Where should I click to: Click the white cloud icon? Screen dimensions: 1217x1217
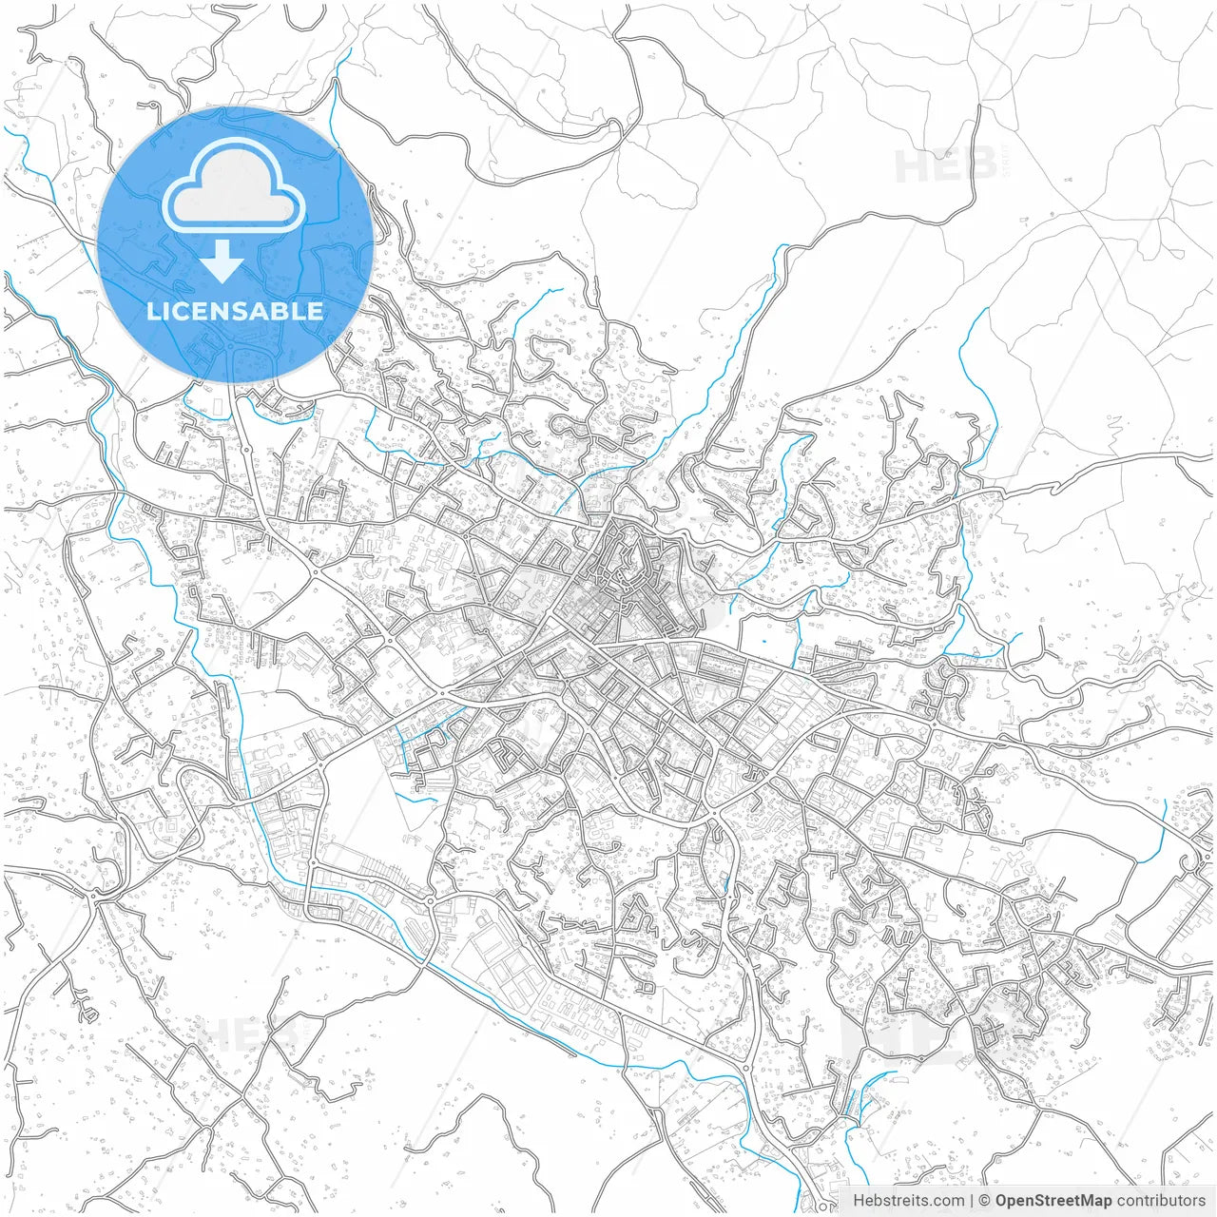click(233, 186)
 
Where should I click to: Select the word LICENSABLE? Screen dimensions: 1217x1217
click(235, 311)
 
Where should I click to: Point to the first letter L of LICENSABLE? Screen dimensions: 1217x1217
click(152, 311)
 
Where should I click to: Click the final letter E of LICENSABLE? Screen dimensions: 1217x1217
click(316, 311)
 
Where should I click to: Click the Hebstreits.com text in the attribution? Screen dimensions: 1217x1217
click(908, 1201)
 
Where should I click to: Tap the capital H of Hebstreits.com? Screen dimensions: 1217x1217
click(859, 1201)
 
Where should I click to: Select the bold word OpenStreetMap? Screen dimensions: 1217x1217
click(1053, 1201)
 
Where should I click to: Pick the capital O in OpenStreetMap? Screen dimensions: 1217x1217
click(1001, 1201)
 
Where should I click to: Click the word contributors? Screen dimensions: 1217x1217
click(1160, 1201)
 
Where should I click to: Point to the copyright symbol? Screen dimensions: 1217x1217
click(985, 1201)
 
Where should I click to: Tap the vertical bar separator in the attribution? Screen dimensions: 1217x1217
click(971, 1201)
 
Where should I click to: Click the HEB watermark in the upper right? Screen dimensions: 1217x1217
click(946, 166)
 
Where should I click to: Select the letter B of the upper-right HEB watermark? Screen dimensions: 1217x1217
click(979, 166)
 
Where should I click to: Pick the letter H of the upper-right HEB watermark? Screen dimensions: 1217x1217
click(911, 166)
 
